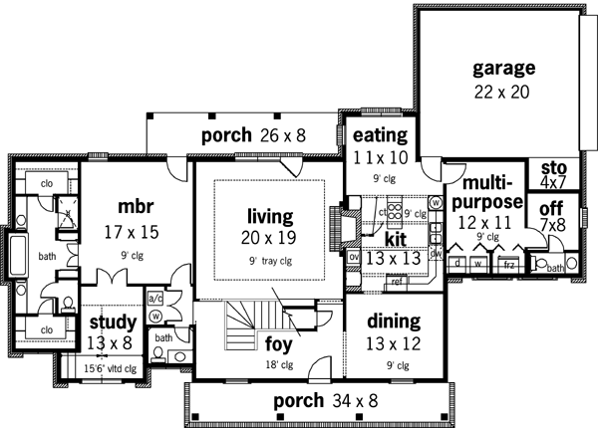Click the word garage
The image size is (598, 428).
click(x=503, y=69)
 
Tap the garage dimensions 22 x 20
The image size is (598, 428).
click(x=503, y=90)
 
